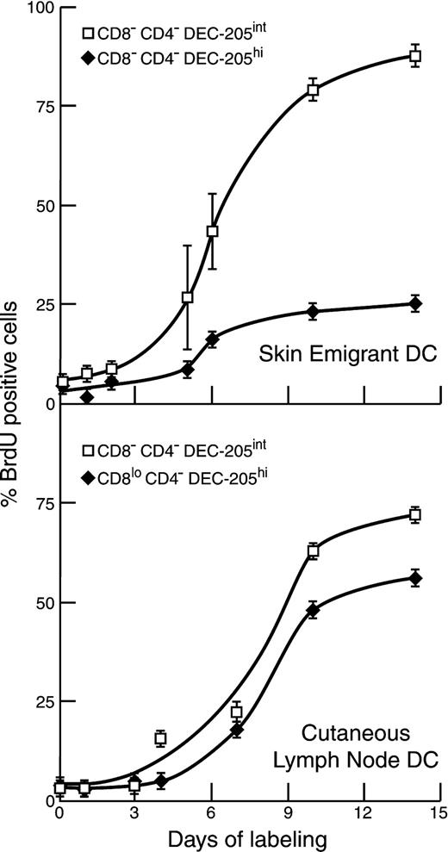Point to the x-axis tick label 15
439,813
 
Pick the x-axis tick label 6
212,813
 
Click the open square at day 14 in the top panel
414,55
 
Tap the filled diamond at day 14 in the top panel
414,303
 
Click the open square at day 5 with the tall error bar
187,297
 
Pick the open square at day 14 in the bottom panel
414,514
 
